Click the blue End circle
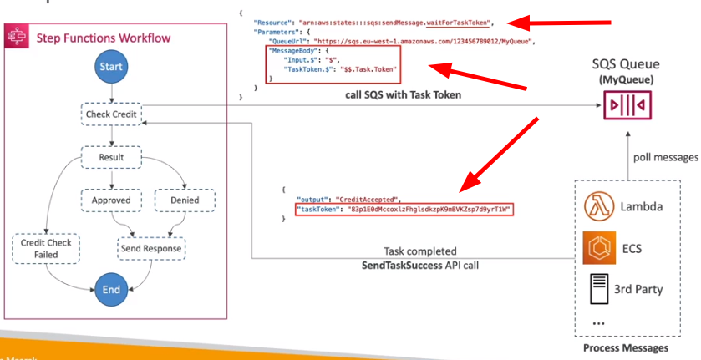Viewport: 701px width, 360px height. [x=111, y=289]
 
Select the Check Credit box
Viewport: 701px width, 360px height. [x=111, y=114]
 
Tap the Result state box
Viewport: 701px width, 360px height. [x=111, y=157]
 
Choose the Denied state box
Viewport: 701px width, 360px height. [x=185, y=200]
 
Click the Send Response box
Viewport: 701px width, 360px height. [x=151, y=249]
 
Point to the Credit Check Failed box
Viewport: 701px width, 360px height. [x=39, y=249]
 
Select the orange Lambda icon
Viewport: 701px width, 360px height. [x=599, y=205]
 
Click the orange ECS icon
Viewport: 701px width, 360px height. [x=599, y=246]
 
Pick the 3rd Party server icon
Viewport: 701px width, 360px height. [x=599, y=289]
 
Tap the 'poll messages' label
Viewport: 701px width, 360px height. [x=664, y=157]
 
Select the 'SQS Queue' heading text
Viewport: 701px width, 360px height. [x=626, y=63]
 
